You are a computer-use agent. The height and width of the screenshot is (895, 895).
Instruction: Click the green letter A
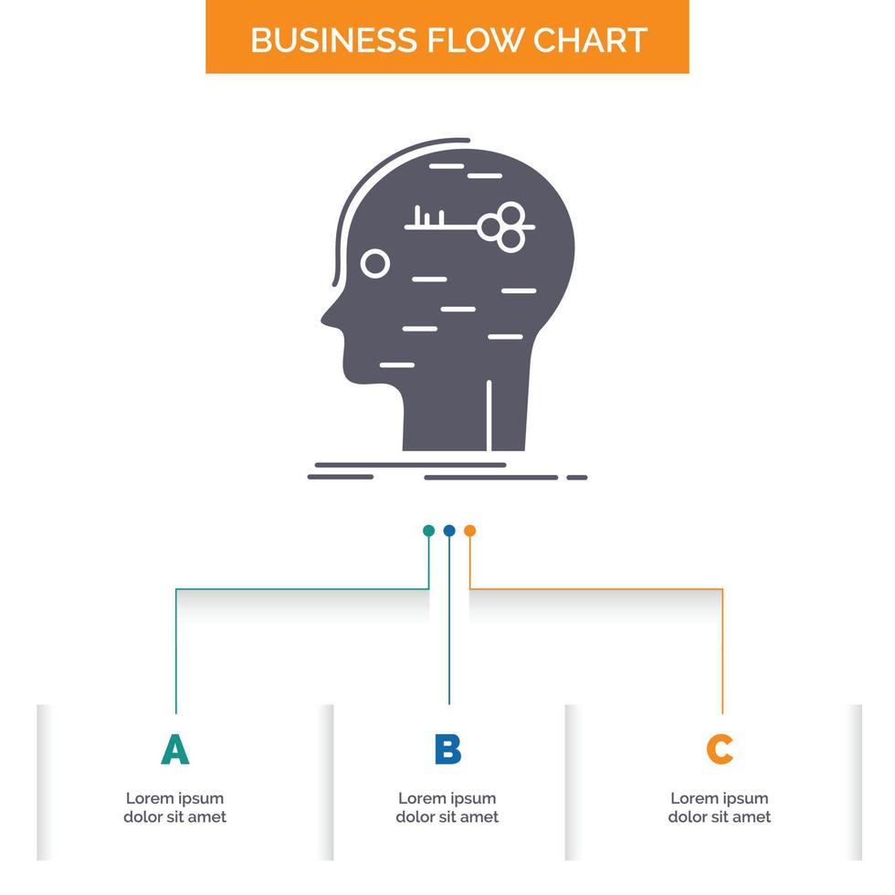click(174, 750)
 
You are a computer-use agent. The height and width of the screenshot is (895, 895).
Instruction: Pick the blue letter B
click(447, 750)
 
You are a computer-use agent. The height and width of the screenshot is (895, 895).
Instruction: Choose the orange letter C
click(720, 750)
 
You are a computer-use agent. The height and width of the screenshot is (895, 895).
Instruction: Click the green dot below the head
click(428, 530)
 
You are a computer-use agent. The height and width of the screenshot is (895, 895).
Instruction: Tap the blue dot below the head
click(448, 530)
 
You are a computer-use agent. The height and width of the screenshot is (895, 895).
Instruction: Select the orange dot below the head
click(469, 530)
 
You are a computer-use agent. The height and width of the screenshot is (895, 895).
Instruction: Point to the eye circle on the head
click(374, 264)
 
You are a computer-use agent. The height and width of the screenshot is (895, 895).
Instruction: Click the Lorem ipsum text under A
click(174, 807)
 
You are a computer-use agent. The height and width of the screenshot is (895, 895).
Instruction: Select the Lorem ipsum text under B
click(447, 807)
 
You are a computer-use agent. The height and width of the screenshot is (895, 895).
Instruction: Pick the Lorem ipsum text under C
click(720, 807)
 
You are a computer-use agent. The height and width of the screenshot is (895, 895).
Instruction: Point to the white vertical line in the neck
click(490, 415)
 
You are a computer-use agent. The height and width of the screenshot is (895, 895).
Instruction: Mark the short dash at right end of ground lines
click(576, 477)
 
